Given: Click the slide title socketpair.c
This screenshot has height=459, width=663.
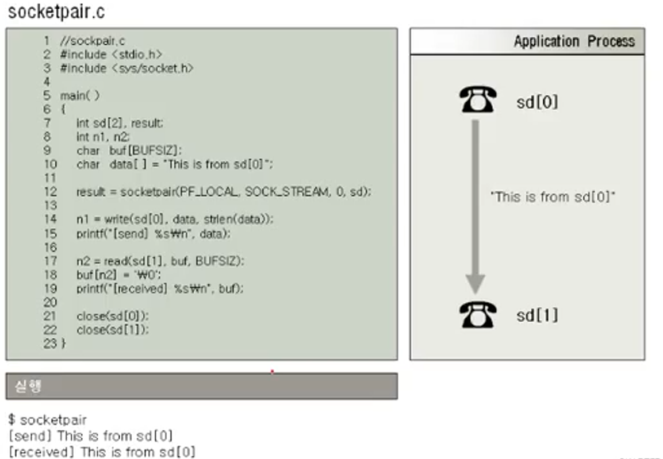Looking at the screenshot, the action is [x=56, y=12].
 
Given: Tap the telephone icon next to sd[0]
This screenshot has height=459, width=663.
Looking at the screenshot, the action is [x=478, y=99].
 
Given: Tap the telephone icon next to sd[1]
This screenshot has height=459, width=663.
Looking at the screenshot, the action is [x=478, y=315].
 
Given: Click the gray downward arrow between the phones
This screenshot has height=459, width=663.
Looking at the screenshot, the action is [x=475, y=207].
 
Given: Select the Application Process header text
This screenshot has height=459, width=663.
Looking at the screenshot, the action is [x=574, y=42].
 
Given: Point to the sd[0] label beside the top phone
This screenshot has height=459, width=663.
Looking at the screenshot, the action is [x=537, y=103].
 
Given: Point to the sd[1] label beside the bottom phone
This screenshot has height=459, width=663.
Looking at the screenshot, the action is [x=537, y=315].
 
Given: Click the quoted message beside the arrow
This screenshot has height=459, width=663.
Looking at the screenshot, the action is [x=553, y=197].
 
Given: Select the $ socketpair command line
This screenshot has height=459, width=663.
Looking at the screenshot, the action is [x=47, y=420].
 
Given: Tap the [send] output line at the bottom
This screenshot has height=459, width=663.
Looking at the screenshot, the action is [x=90, y=436].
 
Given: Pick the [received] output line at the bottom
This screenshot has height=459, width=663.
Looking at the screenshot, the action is [x=102, y=452].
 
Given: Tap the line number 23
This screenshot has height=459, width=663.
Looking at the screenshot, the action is [x=50, y=344].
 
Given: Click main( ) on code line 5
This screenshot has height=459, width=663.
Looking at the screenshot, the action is [x=79, y=96].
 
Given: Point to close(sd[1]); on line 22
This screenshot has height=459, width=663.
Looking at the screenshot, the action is [x=113, y=330].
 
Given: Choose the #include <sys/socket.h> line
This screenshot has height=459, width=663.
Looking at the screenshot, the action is [x=127, y=68].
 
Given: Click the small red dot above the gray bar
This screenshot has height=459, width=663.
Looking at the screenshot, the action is [x=272, y=371].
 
